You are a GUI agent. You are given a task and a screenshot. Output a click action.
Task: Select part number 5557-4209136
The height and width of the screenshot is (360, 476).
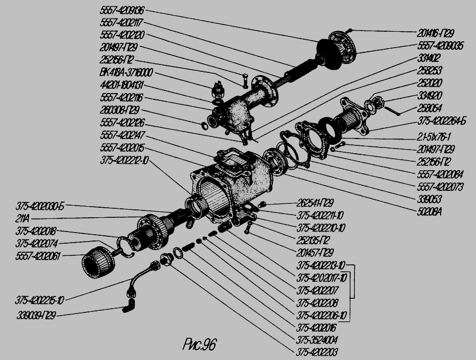[x=122, y=10]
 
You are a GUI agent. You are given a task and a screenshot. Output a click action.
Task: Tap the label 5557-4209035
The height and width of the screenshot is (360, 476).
[x=441, y=47]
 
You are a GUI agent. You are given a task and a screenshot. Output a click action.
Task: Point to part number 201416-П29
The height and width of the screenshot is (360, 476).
[x=437, y=32]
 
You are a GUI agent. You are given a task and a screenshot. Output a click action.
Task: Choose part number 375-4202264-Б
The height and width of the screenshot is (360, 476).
[x=442, y=121]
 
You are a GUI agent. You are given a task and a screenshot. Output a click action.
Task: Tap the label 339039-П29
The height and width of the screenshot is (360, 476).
[x=36, y=316]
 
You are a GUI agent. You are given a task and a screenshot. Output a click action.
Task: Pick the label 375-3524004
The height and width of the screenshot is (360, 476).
[x=317, y=340]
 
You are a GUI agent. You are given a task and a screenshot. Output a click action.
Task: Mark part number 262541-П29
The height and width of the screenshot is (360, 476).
[x=315, y=203]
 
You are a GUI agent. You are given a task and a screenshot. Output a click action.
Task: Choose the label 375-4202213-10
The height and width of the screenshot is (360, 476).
[x=321, y=265]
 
